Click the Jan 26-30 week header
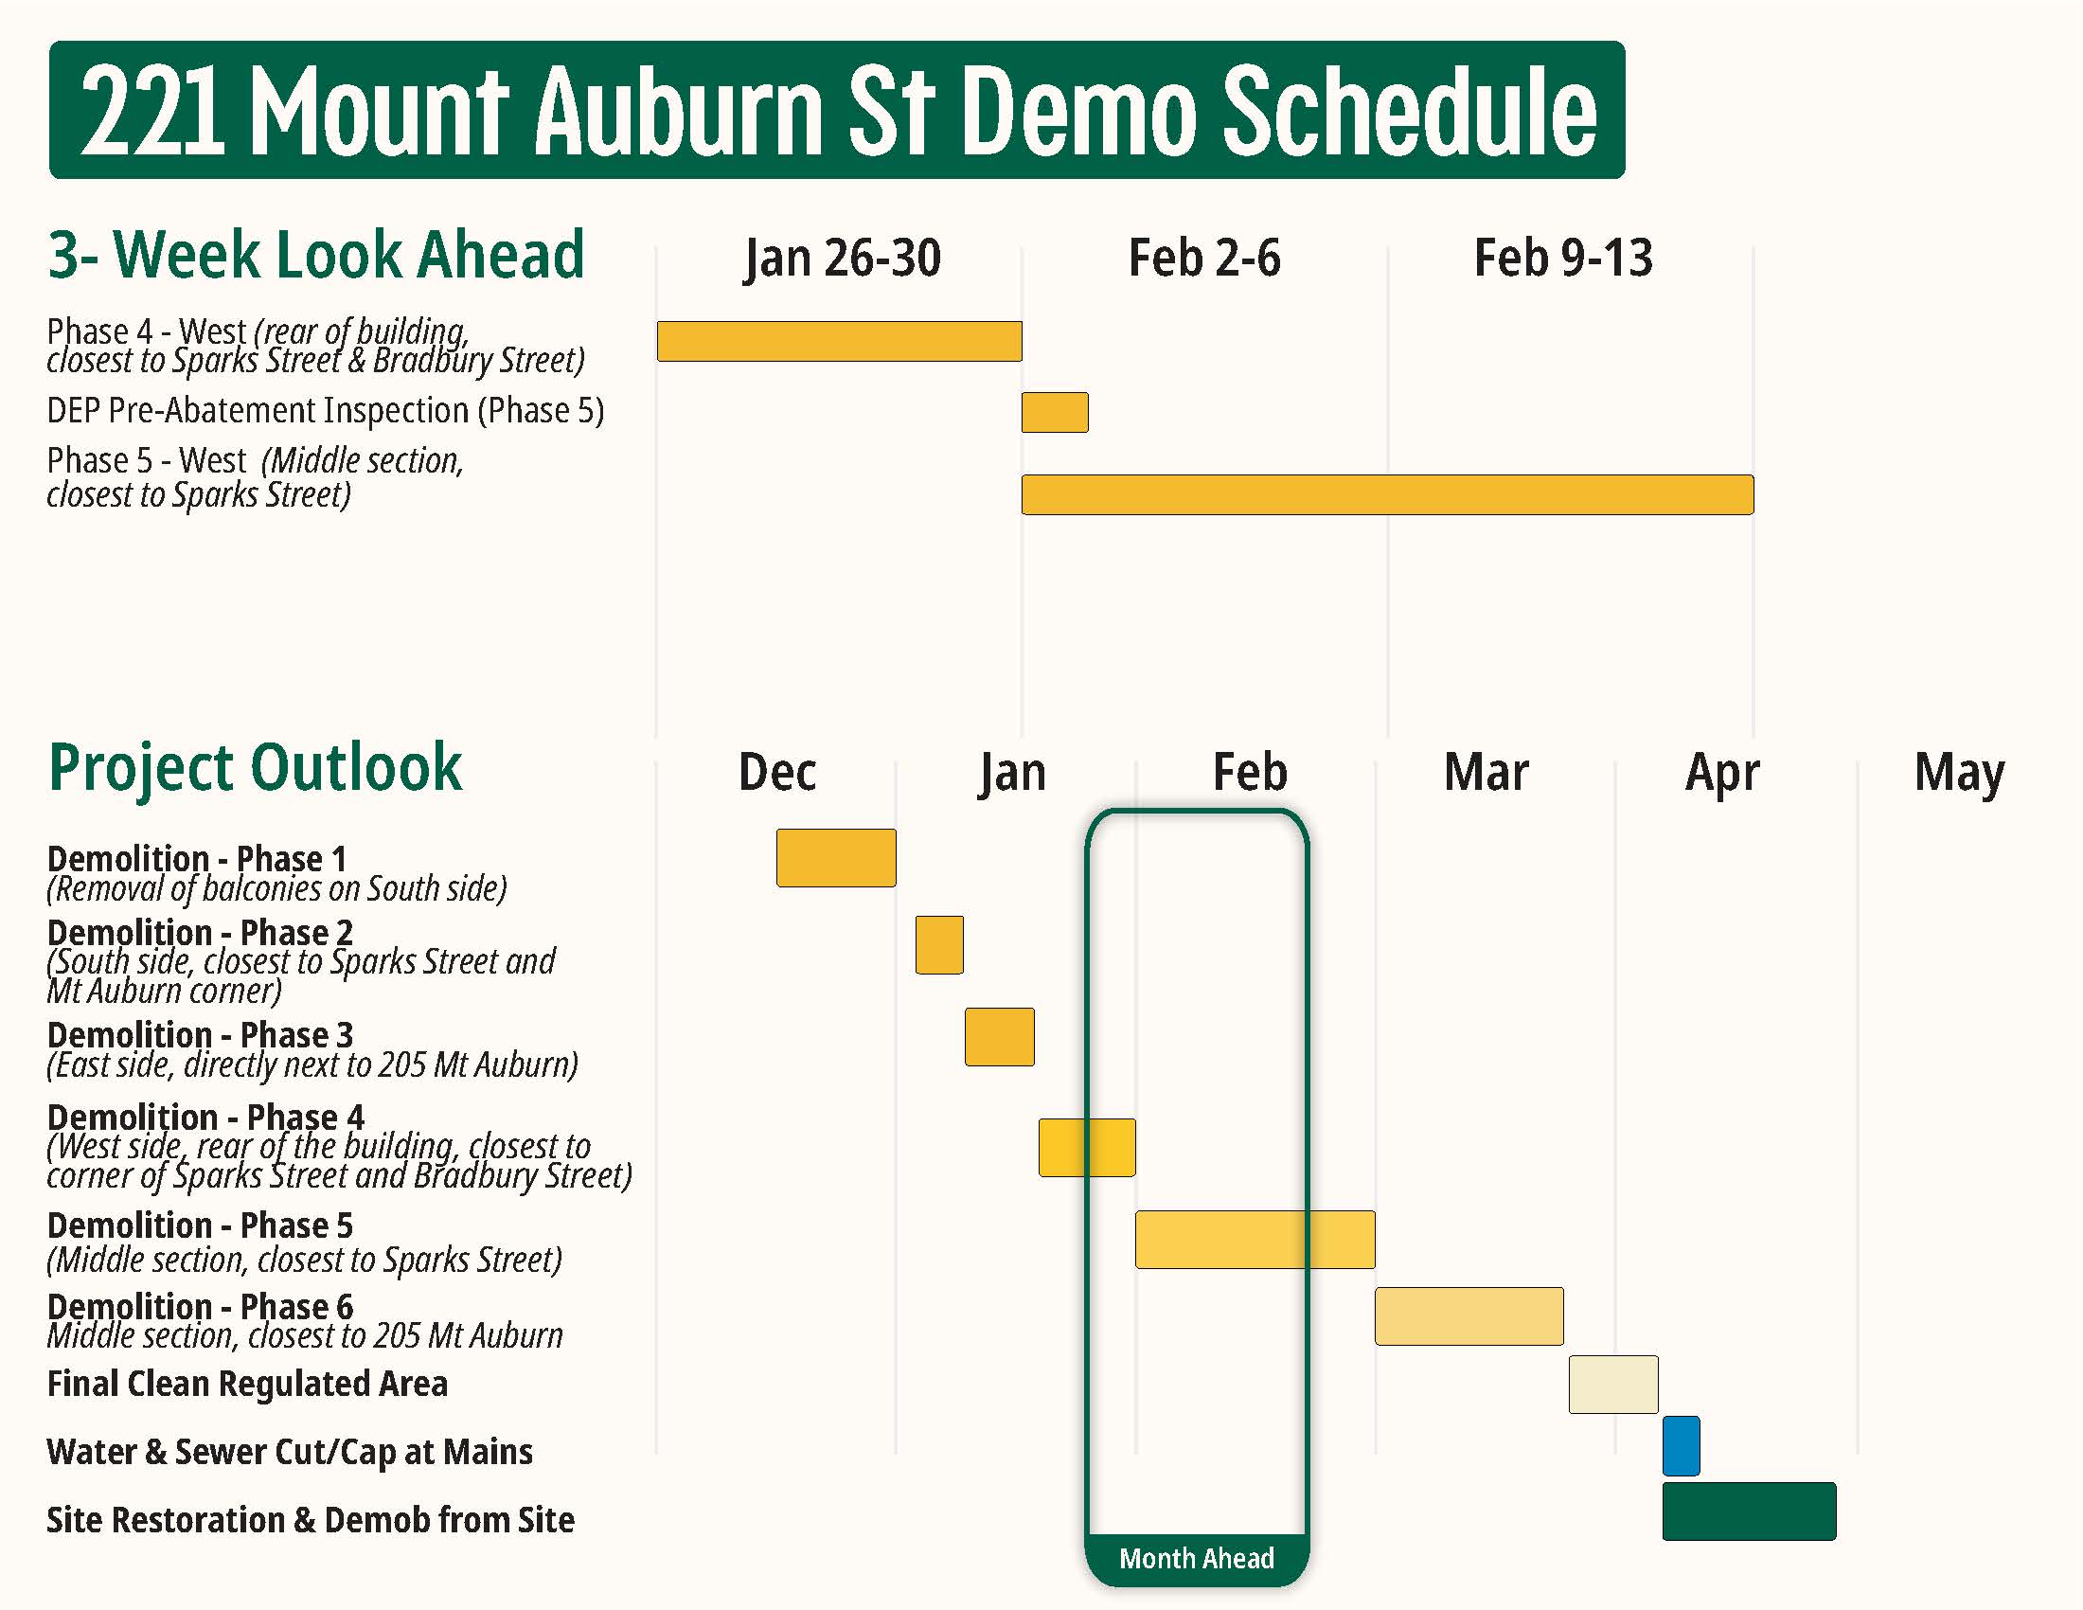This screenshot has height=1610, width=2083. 842,259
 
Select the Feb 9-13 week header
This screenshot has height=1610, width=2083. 1562,259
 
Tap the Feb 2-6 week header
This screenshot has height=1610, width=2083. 1203,259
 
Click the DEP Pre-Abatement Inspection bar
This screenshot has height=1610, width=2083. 1054,412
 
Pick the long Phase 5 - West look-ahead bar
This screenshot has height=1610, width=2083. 1387,494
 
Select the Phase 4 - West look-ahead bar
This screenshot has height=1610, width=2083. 838,342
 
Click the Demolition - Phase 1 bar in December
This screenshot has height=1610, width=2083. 835,857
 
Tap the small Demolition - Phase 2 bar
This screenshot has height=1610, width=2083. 938,944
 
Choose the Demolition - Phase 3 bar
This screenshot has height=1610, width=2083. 999,1037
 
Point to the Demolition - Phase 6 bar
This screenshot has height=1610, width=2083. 1468,1316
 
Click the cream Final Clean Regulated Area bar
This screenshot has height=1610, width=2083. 1612,1384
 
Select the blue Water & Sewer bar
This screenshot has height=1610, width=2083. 1681,1446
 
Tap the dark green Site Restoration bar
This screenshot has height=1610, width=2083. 1748,1511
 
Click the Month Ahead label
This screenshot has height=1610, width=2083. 1196,1558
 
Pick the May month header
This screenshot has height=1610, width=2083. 1958,773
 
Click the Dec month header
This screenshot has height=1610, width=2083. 776,773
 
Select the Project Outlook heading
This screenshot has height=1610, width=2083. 255,768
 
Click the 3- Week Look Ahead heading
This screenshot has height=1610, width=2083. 315,256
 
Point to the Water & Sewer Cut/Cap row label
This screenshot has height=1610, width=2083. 289,1452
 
